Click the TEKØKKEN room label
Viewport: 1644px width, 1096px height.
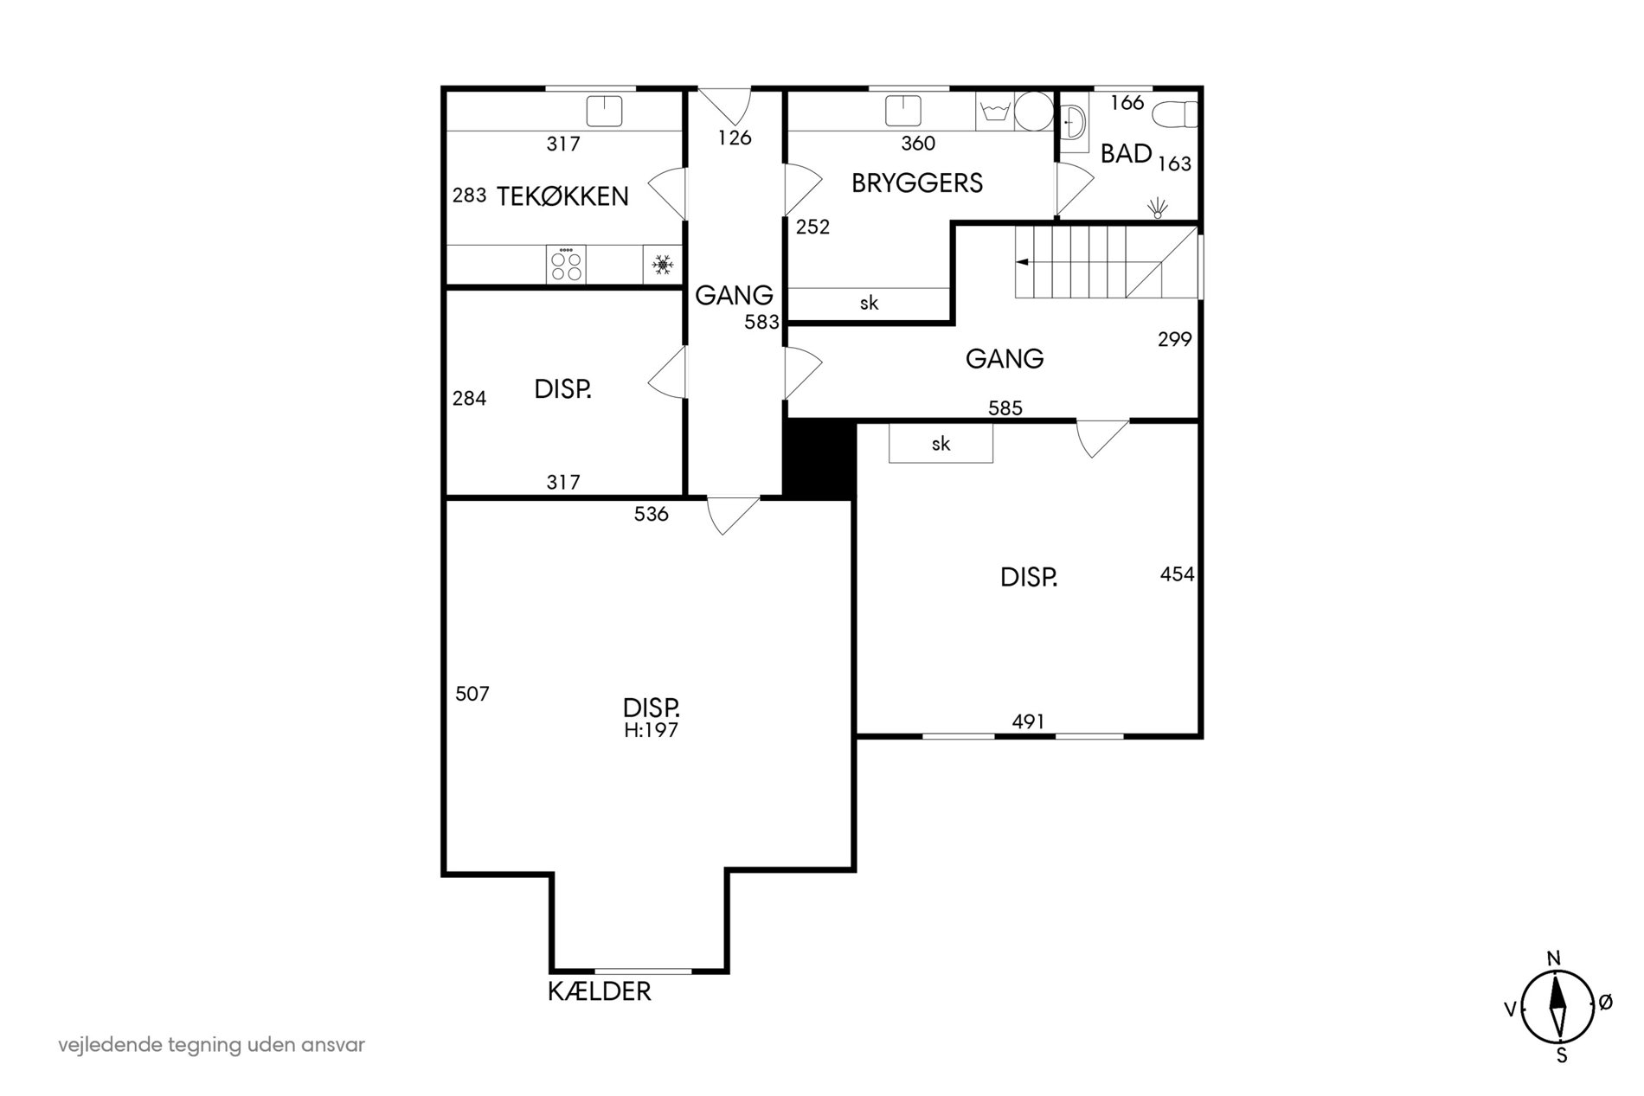(562, 196)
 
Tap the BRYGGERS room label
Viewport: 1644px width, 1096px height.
(917, 183)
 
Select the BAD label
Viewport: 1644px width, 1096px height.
(1126, 154)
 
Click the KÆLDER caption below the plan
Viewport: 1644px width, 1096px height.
(600, 991)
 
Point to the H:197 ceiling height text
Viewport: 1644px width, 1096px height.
(652, 731)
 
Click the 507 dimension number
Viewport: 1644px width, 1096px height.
(472, 694)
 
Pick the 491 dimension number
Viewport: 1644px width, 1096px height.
(1028, 721)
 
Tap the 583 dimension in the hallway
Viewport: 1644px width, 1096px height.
(762, 323)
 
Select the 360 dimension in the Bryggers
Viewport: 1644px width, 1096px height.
(918, 144)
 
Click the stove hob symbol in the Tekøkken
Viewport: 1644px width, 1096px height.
(566, 263)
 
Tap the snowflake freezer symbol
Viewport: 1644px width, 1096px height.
(663, 265)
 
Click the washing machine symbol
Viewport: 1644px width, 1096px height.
(994, 112)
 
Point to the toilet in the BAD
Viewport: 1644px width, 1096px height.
(1178, 114)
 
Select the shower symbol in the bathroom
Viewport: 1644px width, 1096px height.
(1158, 207)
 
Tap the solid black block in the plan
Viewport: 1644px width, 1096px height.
(819, 458)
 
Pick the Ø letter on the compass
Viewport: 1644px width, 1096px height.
(1605, 1003)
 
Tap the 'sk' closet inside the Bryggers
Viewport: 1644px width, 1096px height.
(868, 303)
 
